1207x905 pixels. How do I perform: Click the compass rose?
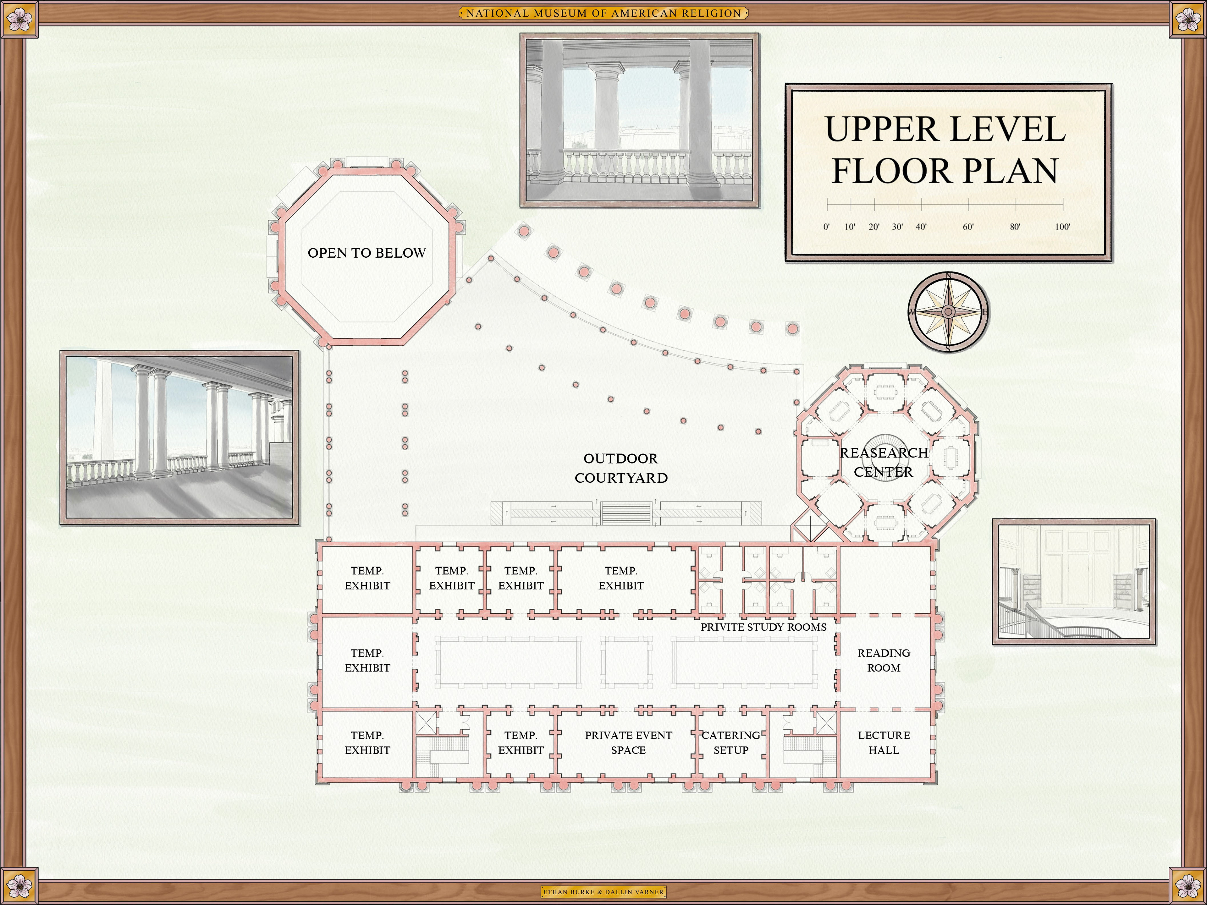[x=948, y=312]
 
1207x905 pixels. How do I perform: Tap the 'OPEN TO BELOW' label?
[x=367, y=253]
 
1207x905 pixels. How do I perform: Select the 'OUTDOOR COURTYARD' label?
[x=621, y=468]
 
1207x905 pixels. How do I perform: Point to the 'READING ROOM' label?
[x=884, y=660]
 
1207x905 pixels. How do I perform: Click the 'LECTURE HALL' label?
[x=884, y=743]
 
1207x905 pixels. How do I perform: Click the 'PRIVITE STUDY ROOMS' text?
[x=763, y=627]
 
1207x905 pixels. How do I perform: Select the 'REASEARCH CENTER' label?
[x=884, y=462]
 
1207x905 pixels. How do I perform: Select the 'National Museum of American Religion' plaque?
[x=603, y=13]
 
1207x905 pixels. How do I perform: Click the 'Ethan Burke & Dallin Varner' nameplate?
[x=603, y=892]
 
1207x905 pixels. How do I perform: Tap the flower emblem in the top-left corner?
[x=20, y=20]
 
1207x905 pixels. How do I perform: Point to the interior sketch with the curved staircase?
[x=1074, y=582]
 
